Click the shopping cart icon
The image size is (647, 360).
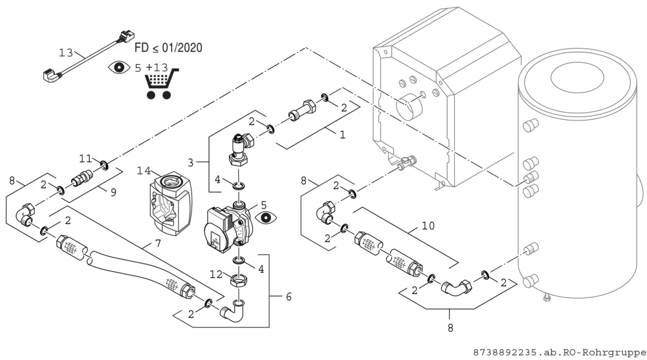[162, 84]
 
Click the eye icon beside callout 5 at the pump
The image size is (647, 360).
[266, 218]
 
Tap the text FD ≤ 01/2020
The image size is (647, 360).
[168, 47]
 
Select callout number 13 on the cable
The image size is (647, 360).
[65, 53]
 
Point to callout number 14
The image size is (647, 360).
[144, 170]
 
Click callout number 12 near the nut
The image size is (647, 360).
[216, 274]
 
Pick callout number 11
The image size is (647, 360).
[85, 159]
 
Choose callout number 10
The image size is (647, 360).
[428, 226]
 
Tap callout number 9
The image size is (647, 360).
[113, 192]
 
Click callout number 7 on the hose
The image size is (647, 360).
[158, 243]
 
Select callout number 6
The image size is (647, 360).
[289, 297]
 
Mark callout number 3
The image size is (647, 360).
[190, 163]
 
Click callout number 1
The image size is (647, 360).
[342, 135]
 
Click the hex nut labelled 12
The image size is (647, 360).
[239, 281]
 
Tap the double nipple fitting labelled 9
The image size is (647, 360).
[83, 177]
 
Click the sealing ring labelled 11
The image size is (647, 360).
[104, 166]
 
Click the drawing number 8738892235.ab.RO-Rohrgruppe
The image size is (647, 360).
[560, 352]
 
